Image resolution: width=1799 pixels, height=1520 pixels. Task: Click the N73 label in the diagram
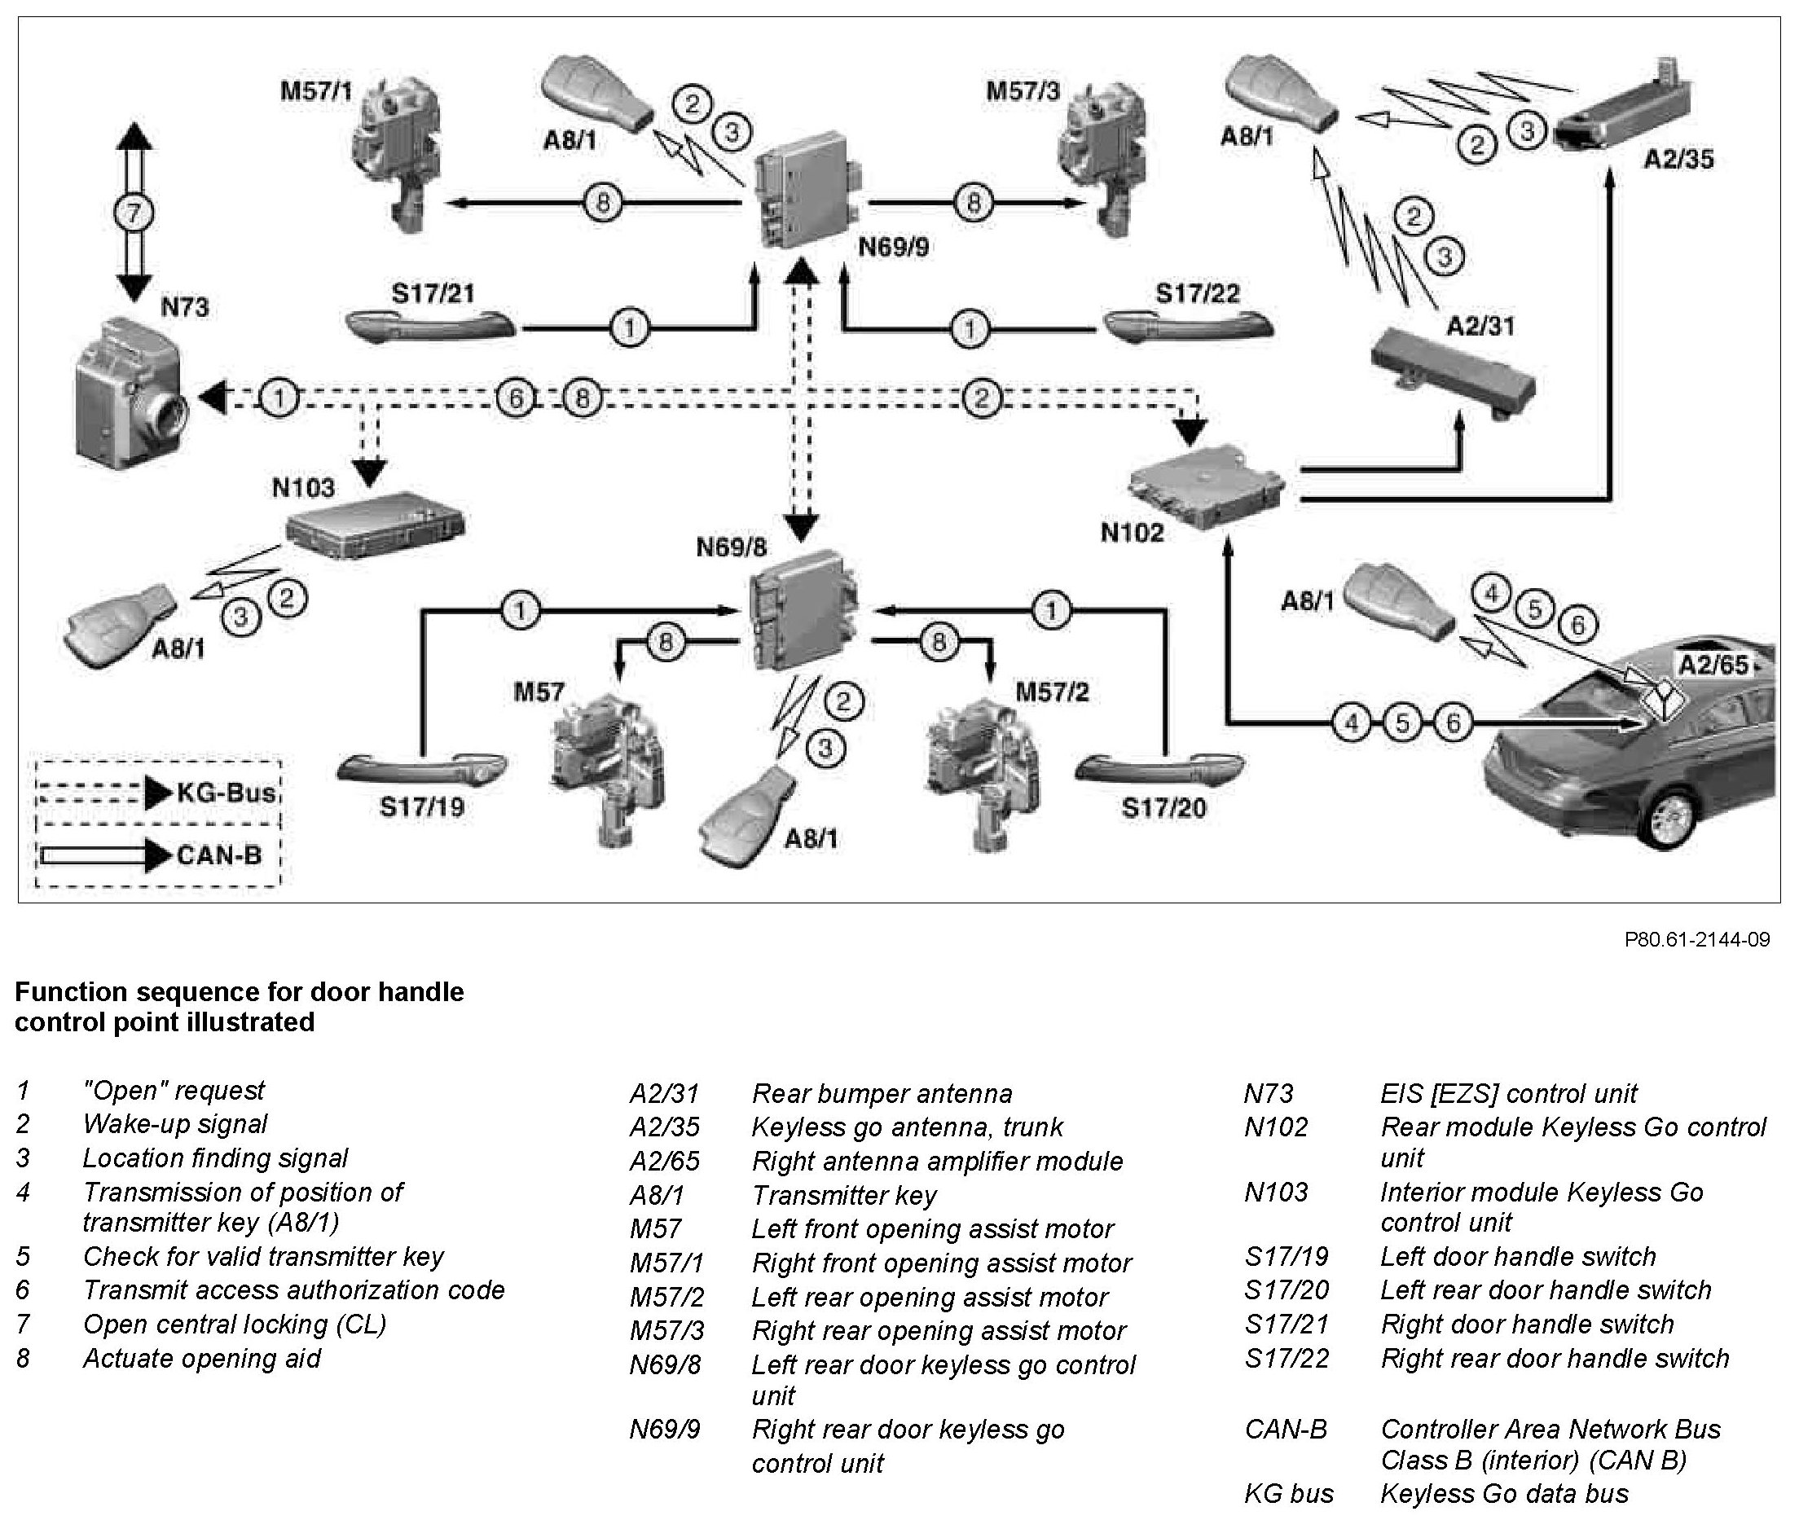click(x=184, y=307)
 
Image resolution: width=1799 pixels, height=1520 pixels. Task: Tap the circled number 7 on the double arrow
click(x=133, y=213)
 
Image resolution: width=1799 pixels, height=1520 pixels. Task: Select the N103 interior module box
click(x=374, y=522)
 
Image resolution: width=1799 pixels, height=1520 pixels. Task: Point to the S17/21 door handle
click(x=430, y=327)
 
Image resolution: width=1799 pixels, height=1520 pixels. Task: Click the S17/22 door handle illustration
click(x=1188, y=327)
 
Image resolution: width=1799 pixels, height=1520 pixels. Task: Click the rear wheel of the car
click(x=1669, y=819)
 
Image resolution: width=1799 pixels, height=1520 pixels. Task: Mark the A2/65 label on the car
click(x=1713, y=665)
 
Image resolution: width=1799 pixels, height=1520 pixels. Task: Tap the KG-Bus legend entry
click(x=226, y=792)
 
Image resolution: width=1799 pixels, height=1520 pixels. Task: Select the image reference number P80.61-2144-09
click(x=1696, y=939)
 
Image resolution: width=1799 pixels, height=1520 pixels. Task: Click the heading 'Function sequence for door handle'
click(x=239, y=992)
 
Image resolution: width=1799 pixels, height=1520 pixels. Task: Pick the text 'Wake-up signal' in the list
click(x=175, y=1124)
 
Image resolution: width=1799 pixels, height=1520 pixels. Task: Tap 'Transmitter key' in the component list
click(x=843, y=1195)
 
